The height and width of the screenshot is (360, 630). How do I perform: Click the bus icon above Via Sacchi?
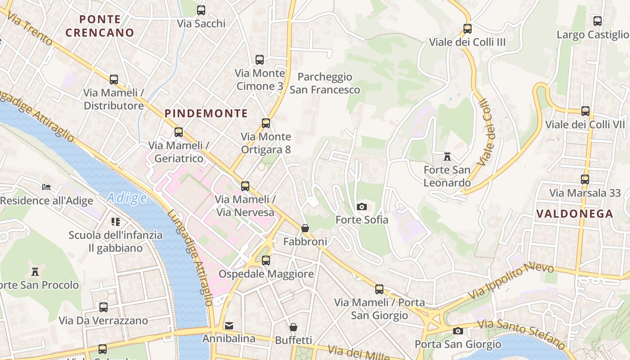coord(201,10)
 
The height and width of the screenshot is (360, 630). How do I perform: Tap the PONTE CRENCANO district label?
coord(100,26)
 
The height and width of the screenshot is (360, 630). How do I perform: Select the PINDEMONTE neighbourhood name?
coord(206,113)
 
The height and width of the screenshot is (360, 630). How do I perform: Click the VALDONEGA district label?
coord(575,214)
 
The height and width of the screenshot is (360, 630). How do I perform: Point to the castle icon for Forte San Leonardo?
coord(447,157)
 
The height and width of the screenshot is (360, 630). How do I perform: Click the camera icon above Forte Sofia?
coord(361,207)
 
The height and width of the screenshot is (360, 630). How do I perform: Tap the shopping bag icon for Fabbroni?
coord(305,228)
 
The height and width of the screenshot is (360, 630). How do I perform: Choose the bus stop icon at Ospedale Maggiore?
coord(266,260)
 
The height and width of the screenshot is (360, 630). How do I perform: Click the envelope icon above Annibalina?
coord(229,325)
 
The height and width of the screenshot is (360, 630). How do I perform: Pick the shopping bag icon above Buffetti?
coord(293,327)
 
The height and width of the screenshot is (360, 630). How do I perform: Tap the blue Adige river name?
coord(127,198)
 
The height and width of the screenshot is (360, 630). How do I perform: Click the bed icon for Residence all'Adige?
coord(46,187)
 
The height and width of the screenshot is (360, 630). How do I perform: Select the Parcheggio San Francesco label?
coord(324,83)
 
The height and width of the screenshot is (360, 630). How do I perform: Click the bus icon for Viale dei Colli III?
coord(468,29)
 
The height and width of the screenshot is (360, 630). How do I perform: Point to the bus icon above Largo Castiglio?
coord(597,21)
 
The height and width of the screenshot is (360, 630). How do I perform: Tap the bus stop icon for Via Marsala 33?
coord(585,180)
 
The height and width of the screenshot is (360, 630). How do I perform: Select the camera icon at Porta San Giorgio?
coord(458,331)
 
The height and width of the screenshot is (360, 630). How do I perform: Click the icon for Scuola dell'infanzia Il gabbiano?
coord(116,221)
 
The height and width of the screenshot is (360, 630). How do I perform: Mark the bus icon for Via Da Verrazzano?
coord(103,307)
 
